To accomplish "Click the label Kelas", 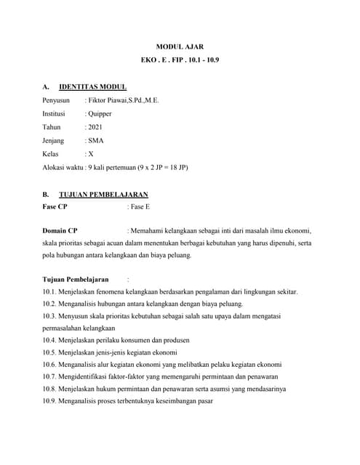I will tap(52, 154).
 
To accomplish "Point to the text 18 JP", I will tap(177, 167).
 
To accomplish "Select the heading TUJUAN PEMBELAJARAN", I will tap(103, 194).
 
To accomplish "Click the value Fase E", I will tap(138, 207).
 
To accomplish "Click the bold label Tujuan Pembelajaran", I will tap(76, 278).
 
